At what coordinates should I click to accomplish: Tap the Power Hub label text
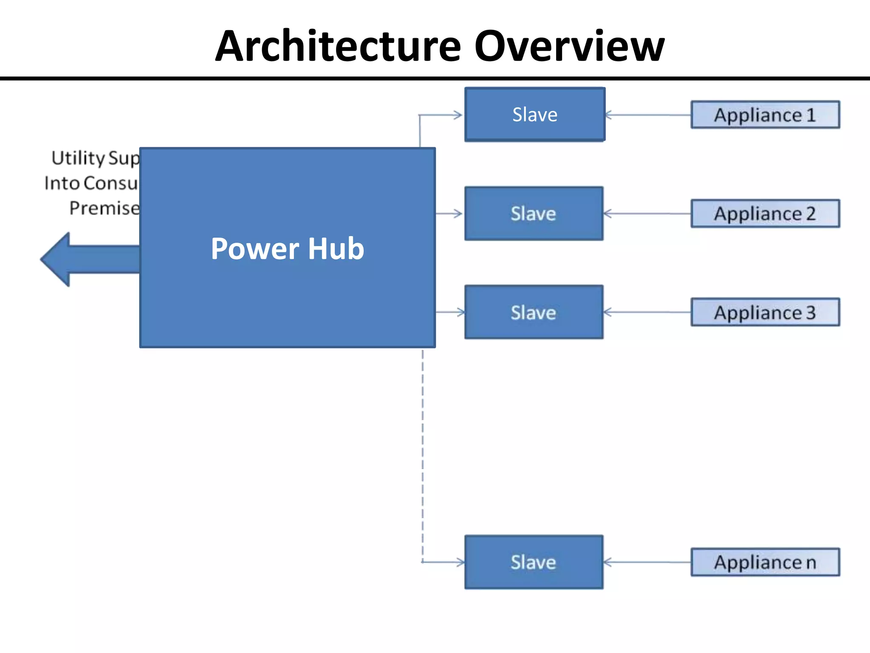tap(287, 249)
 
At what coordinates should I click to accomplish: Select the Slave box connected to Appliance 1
tap(534, 114)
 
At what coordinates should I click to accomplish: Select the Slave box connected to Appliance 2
tap(534, 213)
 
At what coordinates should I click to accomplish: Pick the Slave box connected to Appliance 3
tap(534, 312)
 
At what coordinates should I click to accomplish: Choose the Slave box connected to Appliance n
tap(534, 562)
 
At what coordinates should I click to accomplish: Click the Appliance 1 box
tap(765, 115)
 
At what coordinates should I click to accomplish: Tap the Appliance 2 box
tap(765, 213)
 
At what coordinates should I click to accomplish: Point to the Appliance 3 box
tap(765, 312)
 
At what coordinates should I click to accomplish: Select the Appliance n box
tap(765, 562)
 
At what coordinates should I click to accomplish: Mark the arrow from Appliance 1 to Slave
tap(648, 115)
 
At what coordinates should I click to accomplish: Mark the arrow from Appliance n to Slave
tap(648, 562)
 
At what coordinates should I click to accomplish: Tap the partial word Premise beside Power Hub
tap(105, 208)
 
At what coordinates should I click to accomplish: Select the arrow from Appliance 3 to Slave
tap(648, 312)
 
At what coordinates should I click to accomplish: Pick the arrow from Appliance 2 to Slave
tap(648, 213)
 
